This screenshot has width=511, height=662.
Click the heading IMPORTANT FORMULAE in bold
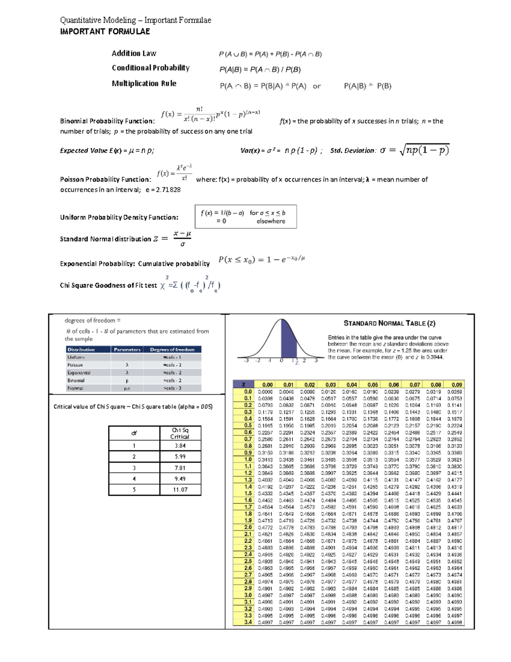(x=105, y=32)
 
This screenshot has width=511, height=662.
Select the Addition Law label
(x=134, y=53)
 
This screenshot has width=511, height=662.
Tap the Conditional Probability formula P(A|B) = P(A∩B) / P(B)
(x=260, y=69)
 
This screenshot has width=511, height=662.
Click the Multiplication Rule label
(x=144, y=84)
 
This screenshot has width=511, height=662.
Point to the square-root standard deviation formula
(x=424, y=150)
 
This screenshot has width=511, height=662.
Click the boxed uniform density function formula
(x=245, y=217)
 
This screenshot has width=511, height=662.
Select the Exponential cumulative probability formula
(x=261, y=260)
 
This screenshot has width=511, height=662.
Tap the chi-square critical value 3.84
(x=180, y=446)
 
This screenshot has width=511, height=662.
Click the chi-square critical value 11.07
(x=180, y=490)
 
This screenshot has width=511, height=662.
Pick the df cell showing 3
(x=134, y=468)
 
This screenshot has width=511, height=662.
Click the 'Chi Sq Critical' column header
(x=180, y=433)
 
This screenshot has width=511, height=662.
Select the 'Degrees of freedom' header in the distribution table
(x=172, y=350)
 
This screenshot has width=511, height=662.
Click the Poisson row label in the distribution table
(x=75, y=365)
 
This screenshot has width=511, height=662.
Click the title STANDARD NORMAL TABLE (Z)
(x=389, y=324)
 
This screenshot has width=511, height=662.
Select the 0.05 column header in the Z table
(x=373, y=384)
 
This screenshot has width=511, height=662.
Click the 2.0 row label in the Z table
(x=248, y=527)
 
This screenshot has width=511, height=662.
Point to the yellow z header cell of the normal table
(x=244, y=384)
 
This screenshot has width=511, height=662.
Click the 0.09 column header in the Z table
(x=456, y=384)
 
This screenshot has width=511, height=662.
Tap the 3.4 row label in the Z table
(x=248, y=622)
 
